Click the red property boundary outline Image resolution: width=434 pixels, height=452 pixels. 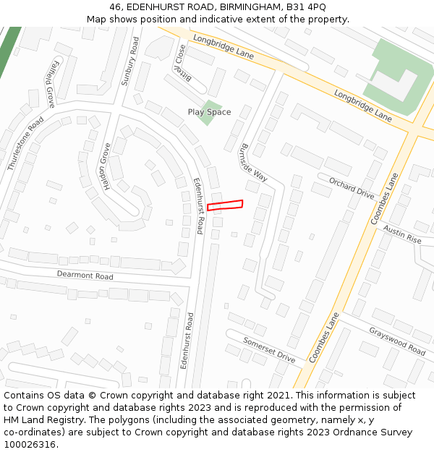click(225, 205)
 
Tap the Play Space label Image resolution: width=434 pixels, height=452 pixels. click(209, 112)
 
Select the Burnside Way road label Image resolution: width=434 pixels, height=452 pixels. click(254, 162)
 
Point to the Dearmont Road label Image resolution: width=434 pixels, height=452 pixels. click(85, 276)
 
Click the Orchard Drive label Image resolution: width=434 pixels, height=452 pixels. click(352, 187)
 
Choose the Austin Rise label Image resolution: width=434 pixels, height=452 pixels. click(402, 234)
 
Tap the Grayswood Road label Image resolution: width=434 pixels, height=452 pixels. click(397, 341)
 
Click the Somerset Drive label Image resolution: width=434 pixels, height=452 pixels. click(269, 349)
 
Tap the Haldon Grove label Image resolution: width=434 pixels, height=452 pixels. click(107, 166)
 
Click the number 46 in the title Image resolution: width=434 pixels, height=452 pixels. click(115, 7)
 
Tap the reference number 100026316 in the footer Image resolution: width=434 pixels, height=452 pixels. click(30, 444)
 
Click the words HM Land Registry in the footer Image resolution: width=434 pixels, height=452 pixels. click(36, 420)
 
